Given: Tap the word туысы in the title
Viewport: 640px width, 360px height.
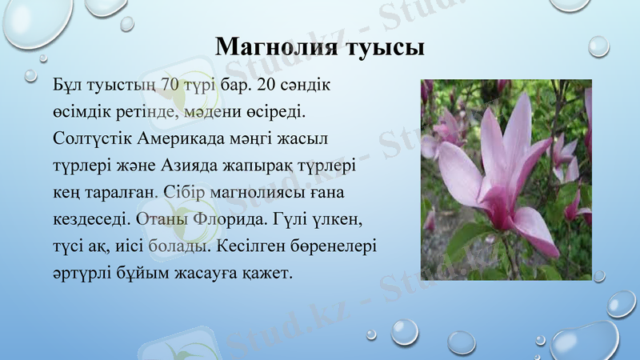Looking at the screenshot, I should (379, 47).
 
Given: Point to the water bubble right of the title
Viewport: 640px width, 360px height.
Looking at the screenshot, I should (599, 46).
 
